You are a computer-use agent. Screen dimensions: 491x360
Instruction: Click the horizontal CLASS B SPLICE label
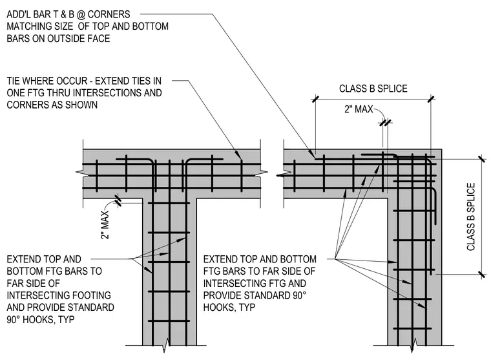pyautogui.click(x=373, y=89)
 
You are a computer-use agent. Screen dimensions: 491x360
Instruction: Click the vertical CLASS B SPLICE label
pyautogui.click(x=471, y=217)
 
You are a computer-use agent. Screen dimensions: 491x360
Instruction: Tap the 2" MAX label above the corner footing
pyautogui.click(x=359, y=109)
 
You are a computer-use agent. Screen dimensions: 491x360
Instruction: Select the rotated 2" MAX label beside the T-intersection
pyautogui.click(x=105, y=225)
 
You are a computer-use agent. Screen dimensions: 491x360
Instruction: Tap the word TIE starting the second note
pyautogui.click(x=14, y=81)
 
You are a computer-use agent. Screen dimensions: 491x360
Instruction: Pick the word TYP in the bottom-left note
pyautogui.click(x=66, y=319)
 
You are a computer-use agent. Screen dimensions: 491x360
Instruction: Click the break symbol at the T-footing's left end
pyautogui.click(x=79, y=173)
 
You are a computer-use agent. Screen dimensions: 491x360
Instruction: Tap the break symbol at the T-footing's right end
pyautogui.click(x=264, y=173)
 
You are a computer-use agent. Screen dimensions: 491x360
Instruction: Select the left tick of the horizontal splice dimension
pyautogui.click(x=315, y=99)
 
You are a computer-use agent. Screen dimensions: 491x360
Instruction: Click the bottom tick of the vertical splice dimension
pyautogui.click(x=482, y=275)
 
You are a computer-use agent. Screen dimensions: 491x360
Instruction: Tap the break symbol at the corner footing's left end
pyautogui.click(x=280, y=175)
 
